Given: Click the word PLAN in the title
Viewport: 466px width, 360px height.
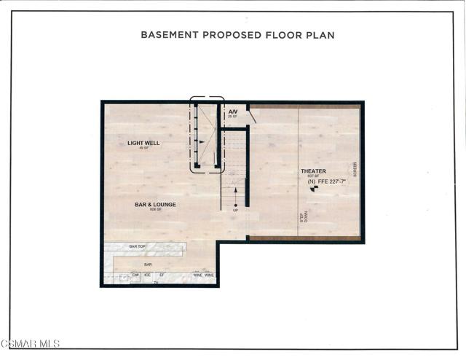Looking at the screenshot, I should point(322,34).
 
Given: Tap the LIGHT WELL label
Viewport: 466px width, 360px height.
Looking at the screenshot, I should point(143,143).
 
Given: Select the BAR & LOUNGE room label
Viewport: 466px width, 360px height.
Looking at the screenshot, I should point(155,205).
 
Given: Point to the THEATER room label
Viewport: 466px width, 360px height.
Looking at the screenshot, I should point(314,171).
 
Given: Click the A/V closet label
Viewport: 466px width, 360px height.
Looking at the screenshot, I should point(233,111).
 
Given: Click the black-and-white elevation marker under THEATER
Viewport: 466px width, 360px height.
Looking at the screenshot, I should point(314,189).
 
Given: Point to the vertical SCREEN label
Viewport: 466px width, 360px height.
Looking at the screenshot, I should point(355,170).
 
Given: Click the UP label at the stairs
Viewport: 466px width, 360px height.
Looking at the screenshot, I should point(235,209).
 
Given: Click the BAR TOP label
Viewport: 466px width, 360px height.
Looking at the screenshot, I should point(138,247).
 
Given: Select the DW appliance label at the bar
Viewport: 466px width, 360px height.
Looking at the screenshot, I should point(135,275).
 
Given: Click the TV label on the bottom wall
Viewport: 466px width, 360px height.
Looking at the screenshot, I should point(155,282).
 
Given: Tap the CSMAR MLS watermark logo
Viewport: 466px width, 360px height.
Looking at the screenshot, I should point(31,343).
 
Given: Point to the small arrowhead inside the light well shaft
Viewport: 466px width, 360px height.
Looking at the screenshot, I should point(202,142).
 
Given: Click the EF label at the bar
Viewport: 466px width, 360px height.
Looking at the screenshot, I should point(162,275).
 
